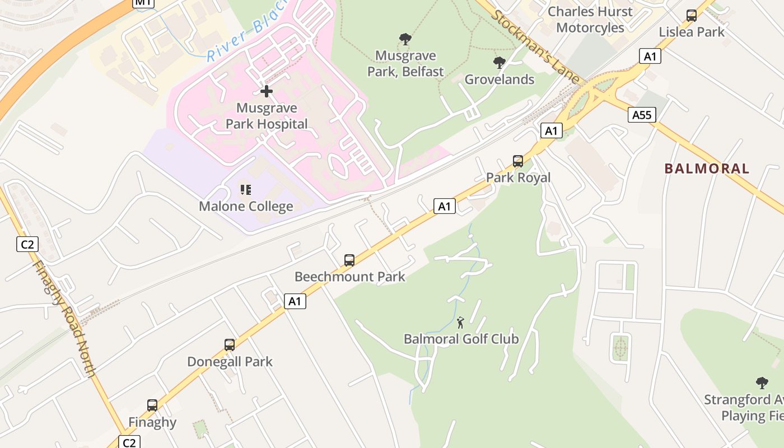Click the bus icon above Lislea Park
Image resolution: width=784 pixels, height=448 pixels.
click(x=692, y=16)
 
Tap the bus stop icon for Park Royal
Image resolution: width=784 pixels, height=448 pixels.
click(x=518, y=161)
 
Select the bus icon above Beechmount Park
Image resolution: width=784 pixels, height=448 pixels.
click(x=349, y=260)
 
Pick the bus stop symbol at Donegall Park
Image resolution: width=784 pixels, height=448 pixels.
click(x=230, y=345)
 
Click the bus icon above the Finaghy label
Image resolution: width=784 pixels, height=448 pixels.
click(x=152, y=405)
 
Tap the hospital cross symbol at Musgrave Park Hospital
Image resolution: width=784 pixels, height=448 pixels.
click(x=267, y=91)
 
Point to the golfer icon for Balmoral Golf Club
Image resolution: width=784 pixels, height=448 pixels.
click(x=461, y=323)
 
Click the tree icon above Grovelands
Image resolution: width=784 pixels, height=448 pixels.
click(x=500, y=63)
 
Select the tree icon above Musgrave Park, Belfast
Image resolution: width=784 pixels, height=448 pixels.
click(x=405, y=39)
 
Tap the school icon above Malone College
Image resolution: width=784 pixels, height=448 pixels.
click(x=246, y=190)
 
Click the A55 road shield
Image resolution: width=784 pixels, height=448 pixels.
click(x=641, y=115)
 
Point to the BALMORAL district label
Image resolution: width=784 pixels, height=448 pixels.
click(x=707, y=169)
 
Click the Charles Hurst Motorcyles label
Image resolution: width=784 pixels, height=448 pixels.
click(x=590, y=20)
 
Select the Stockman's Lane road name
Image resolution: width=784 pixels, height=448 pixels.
click(x=534, y=46)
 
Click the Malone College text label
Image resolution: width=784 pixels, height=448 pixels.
click(x=246, y=207)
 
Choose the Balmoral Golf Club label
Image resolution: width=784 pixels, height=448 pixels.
click(x=461, y=339)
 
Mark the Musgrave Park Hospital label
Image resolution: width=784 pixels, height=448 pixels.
click(x=267, y=116)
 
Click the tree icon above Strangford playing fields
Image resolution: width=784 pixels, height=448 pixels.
click(x=762, y=383)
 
